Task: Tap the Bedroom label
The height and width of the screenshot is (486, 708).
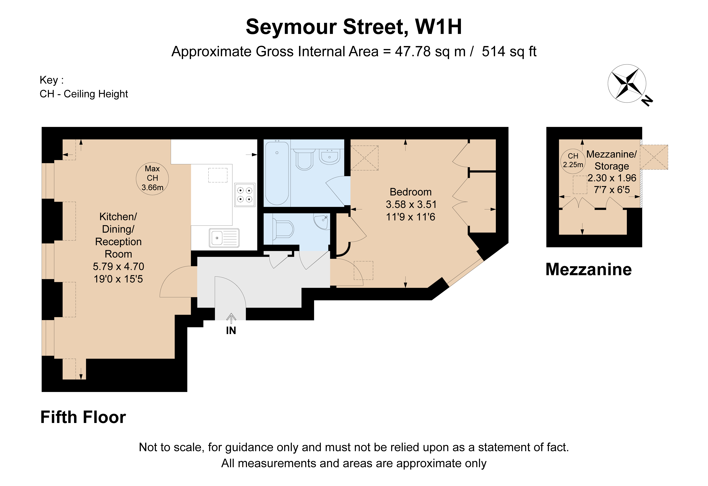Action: coord(410,192)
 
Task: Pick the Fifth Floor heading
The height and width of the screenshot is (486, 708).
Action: coord(83,417)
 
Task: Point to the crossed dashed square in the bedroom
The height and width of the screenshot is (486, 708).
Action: coord(364,158)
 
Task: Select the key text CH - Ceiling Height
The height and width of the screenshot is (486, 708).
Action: coord(84,94)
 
